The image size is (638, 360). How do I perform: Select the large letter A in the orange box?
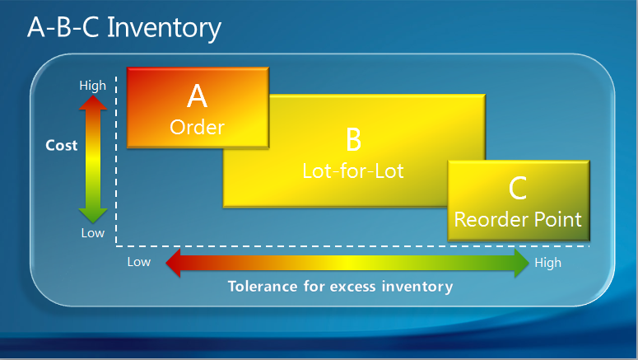[198, 96]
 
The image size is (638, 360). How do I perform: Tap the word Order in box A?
[198, 128]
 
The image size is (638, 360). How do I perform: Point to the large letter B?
[353, 139]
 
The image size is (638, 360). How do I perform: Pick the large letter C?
[518, 189]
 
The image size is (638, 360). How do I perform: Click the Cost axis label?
[61, 146]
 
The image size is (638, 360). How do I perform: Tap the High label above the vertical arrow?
[92, 86]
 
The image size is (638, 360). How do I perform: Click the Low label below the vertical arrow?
[92, 233]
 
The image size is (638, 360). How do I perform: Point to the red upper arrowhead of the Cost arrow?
[93, 103]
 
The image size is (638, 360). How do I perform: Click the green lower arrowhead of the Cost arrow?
[93, 215]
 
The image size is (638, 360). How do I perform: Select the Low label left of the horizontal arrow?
[139, 263]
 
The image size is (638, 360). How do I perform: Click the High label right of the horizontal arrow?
[547, 263]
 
